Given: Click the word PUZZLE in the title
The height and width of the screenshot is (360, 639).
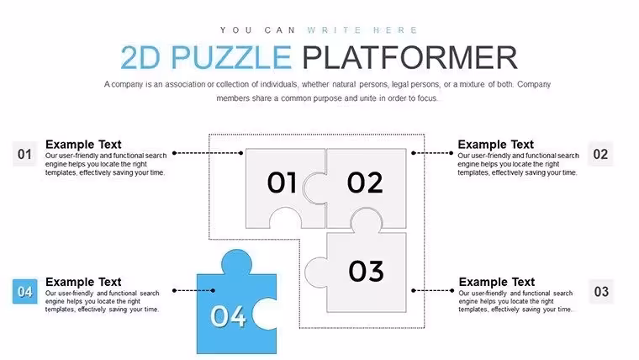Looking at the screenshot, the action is coord(230,57).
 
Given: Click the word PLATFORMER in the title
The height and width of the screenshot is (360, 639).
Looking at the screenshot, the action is coord(409,57).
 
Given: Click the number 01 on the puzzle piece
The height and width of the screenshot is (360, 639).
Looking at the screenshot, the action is coord(282,183).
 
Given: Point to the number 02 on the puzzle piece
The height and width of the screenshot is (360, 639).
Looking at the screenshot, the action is coord(365,183).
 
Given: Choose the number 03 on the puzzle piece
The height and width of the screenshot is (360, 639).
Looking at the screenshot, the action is coord(366,271).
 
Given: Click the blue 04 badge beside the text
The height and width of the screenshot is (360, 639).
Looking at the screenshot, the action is coord(25,292).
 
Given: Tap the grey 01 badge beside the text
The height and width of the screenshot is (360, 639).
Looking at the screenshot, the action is coord(25,154).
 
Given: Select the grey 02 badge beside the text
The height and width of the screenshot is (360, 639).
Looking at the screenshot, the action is coord(600,154).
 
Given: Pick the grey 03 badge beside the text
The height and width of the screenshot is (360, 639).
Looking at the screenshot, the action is coord(601,292).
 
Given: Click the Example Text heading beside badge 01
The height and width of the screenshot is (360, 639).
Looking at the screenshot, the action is coord(83,145).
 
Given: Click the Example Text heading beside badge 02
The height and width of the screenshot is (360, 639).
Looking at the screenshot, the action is coord(495,145).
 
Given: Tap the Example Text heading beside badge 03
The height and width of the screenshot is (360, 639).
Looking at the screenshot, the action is coord(497,282).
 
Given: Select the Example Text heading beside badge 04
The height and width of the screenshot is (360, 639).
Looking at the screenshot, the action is coord(83,282).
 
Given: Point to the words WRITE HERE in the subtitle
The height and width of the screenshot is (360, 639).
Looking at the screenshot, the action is coord(362,30).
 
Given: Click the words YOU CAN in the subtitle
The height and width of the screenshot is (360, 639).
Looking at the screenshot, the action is coord(258,30).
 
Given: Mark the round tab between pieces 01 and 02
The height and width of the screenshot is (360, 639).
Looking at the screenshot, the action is coord(314,188).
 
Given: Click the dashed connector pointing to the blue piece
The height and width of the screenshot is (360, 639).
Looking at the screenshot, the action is coord(194,290).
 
